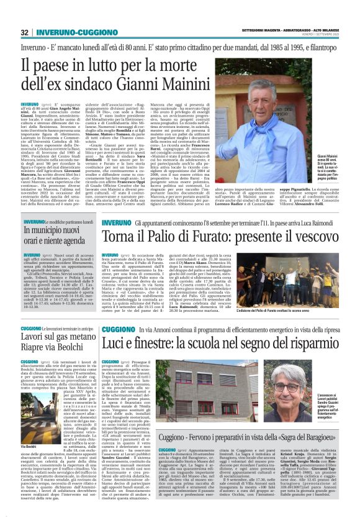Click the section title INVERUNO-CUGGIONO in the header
(x=65, y=32)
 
